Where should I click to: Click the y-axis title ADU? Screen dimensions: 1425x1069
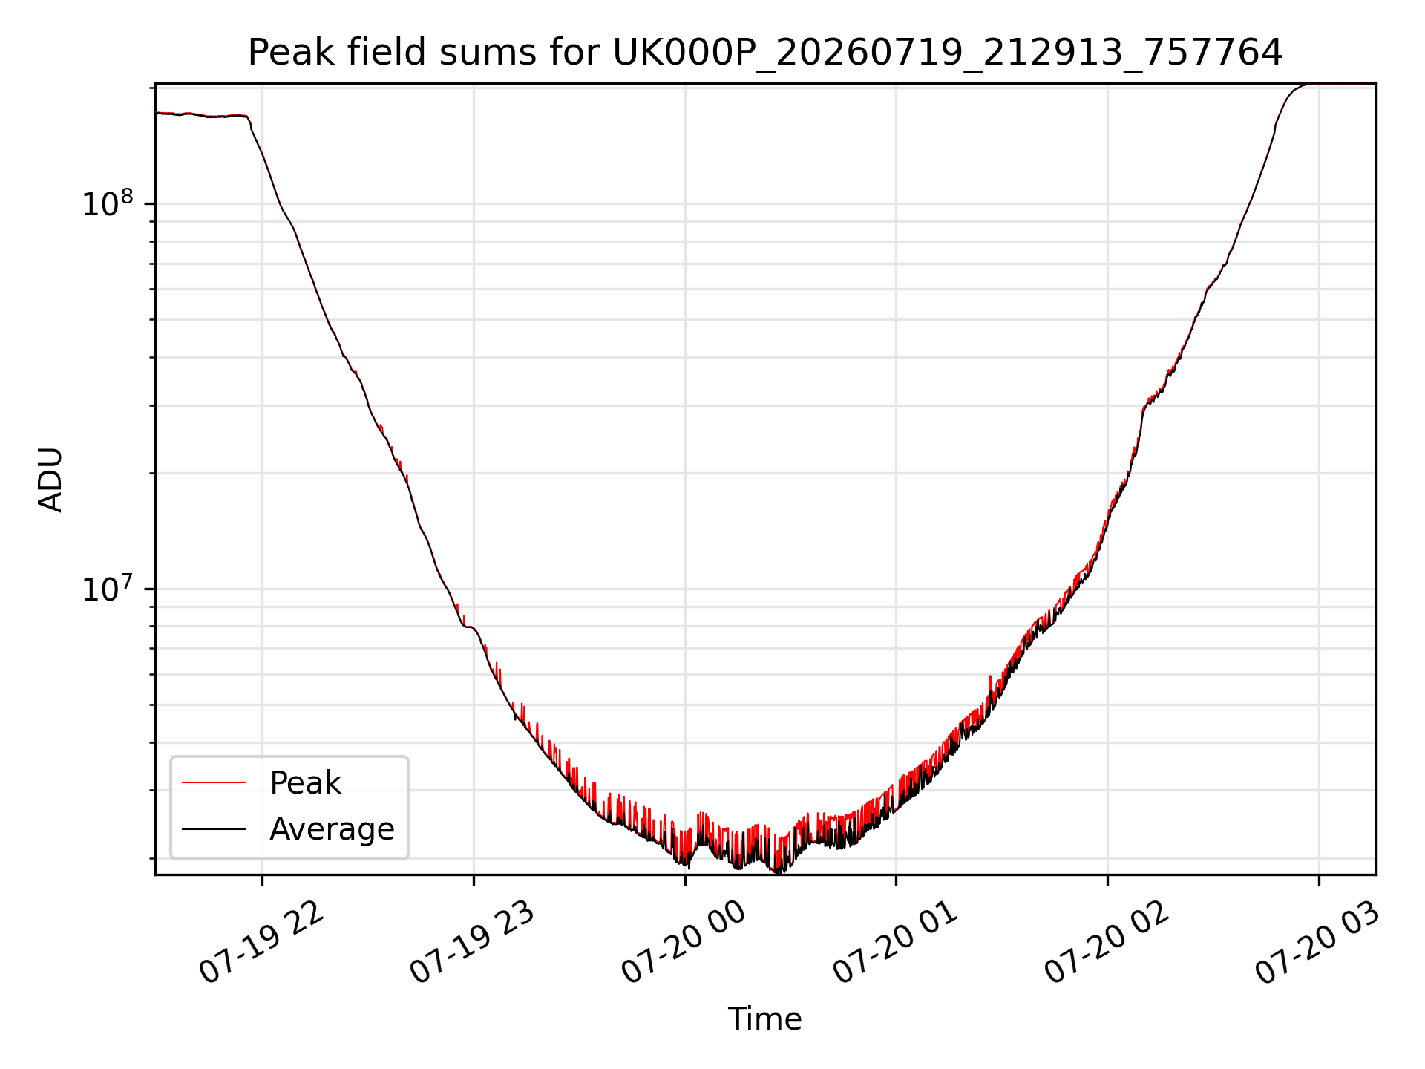point(50,480)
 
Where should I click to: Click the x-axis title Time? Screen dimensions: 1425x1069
point(765,1019)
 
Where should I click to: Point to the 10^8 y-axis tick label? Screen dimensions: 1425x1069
point(108,202)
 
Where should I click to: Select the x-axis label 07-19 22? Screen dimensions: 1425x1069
point(262,943)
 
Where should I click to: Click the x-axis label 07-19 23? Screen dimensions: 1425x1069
point(473,943)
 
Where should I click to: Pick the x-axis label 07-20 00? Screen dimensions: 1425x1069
point(684,943)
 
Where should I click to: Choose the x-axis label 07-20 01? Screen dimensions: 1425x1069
point(896,943)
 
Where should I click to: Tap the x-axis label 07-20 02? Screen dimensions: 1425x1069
point(1107,943)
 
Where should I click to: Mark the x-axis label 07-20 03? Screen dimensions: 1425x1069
point(1317,943)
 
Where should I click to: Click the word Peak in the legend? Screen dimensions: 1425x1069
point(305,783)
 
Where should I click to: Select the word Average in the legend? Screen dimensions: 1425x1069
point(332,829)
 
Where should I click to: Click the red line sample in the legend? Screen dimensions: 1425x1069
point(214,782)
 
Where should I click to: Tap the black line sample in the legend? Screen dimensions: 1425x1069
point(214,828)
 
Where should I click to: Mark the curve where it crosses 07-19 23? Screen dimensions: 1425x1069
point(474,628)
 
